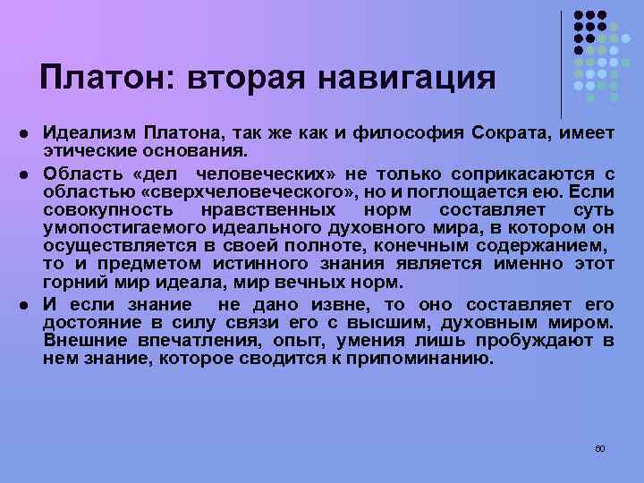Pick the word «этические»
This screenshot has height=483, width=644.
click(82, 148)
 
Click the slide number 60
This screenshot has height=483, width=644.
click(600, 447)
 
